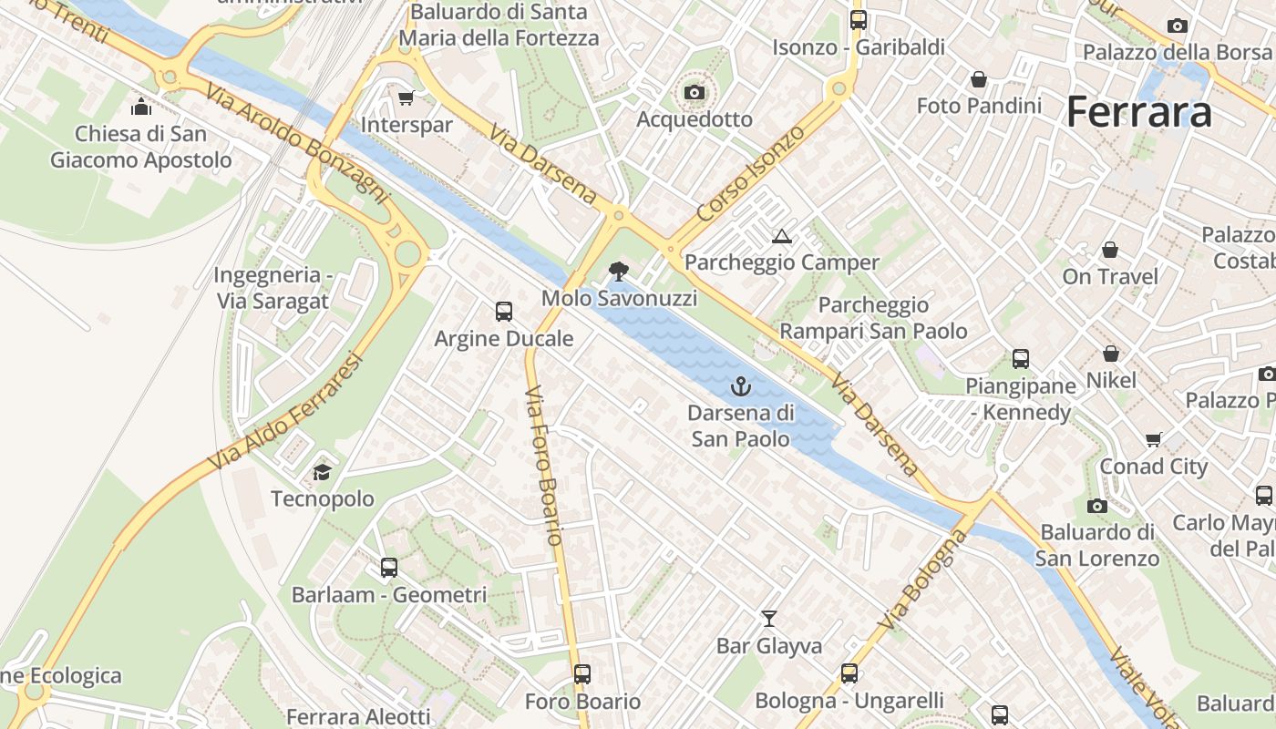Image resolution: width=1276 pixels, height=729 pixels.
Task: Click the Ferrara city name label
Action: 1138,112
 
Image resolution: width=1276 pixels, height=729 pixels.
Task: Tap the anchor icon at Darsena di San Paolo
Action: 741,386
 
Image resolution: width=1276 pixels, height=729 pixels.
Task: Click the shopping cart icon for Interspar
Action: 406,98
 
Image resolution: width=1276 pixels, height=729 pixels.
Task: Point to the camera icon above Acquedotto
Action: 695,92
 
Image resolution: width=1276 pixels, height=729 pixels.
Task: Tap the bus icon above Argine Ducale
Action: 504,312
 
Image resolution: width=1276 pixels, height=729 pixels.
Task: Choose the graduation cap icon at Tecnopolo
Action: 322,472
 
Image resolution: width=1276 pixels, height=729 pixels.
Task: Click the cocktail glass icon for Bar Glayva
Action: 769,619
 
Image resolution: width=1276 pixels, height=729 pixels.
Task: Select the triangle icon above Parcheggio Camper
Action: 781,237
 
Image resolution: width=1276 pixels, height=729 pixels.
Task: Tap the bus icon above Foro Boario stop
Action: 582,674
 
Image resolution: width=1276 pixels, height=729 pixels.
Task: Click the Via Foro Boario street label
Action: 543,465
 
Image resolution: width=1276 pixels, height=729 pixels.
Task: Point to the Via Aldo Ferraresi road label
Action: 285,412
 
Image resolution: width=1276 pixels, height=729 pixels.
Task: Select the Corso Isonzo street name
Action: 751,173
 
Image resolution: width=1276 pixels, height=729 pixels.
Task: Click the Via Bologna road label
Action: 923,580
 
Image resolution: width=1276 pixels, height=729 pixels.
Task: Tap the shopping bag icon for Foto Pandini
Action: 979,80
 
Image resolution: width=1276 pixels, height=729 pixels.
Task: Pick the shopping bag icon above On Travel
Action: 1110,250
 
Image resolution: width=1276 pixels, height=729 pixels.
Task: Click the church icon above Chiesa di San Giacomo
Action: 141,108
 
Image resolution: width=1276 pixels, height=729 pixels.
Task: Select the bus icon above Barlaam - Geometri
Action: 389,568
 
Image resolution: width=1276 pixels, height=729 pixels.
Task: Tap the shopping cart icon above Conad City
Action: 1154,440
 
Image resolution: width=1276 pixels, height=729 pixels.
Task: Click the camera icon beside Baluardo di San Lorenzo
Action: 1097,506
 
